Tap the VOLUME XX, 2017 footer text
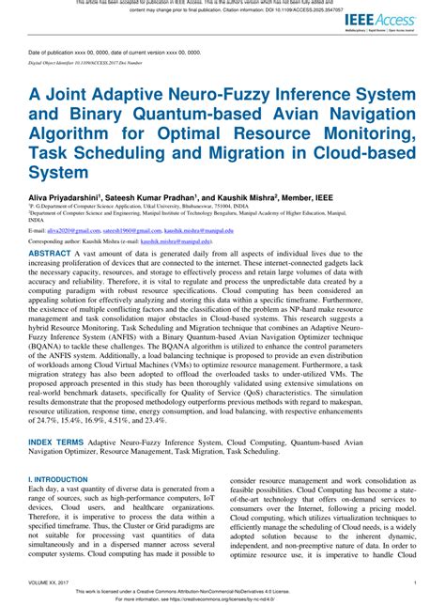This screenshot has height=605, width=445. (x=55, y=582)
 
